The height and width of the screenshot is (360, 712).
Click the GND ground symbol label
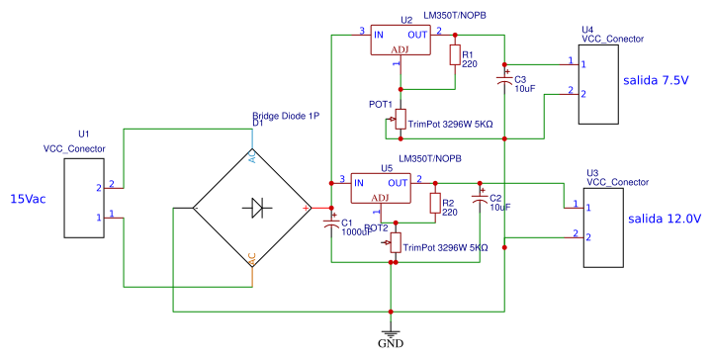(393, 345)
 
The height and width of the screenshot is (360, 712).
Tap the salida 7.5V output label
(655, 79)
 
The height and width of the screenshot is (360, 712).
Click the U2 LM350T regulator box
(400, 41)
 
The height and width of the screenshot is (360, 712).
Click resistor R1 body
(455, 55)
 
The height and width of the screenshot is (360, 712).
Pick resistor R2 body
(434, 204)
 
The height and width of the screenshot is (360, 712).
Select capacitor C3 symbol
(504, 75)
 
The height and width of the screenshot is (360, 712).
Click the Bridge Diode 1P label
(286, 116)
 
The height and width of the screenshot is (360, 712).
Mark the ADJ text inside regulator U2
(400, 49)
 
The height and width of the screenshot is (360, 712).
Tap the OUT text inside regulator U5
(398, 183)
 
